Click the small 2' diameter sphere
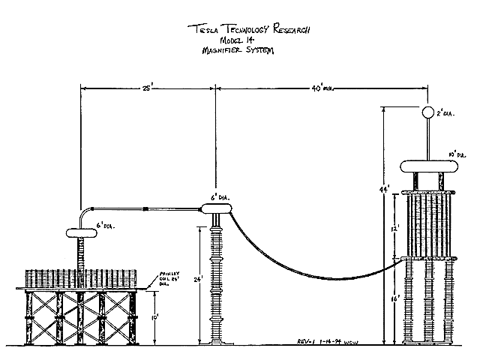tap(427, 113)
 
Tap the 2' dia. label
tap(447, 114)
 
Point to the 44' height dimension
tap(383, 191)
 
